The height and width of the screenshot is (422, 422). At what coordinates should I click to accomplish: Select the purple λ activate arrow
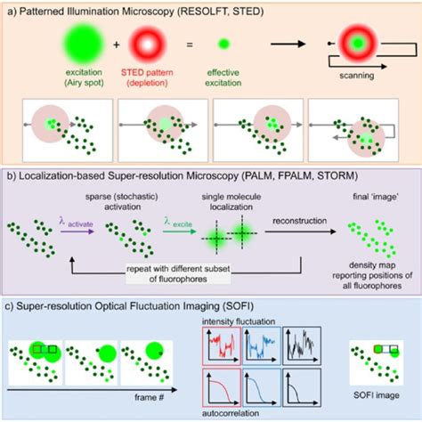click(85, 231)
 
